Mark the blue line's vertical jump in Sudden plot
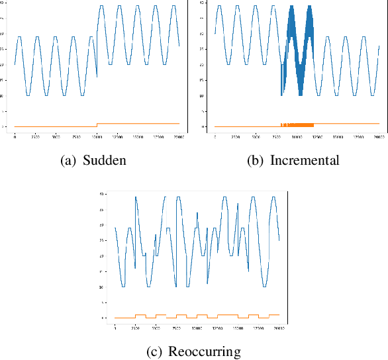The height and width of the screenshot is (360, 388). pyautogui.click(x=97, y=50)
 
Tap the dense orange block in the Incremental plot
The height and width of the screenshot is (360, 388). pyautogui.click(x=297, y=124)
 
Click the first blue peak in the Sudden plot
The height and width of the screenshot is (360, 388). pyautogui.click(x=19, y=37)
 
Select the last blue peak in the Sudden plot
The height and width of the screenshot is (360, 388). pyautogui.click(x=173, y=6)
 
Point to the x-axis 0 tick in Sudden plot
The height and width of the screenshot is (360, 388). pyautogui.click(x=15, y=137)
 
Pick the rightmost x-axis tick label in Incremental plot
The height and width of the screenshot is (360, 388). pyautogui.click(x=378, y=137)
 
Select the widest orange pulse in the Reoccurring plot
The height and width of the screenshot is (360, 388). pyautogui.click(x=227, y=315)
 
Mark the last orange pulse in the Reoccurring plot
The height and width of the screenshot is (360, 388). pyautogui.click(x=274, y=315)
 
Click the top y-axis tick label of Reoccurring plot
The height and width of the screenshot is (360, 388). pyautogui.click(x=102, y=194)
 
